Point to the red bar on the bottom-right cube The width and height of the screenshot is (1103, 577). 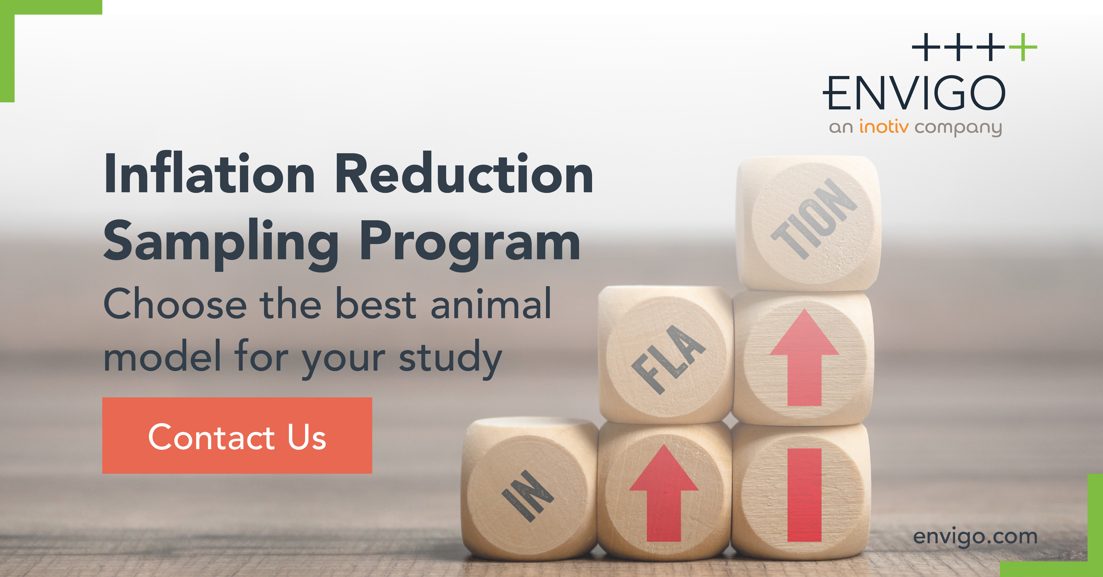[x=804, y=495]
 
